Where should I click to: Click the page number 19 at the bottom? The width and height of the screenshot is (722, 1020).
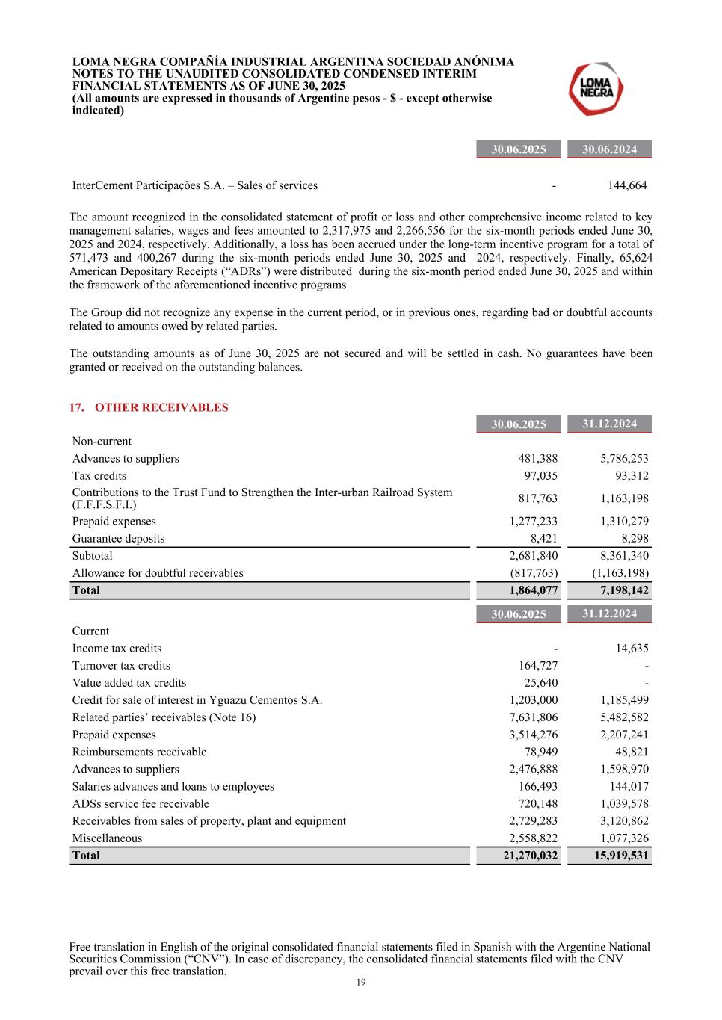(x=361, y=983)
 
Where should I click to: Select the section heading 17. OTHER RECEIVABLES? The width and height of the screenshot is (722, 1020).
(x=149, y=407)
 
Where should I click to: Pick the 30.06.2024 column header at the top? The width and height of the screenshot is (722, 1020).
(x=609, y=149)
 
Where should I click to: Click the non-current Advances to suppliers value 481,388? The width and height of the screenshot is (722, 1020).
(x=537, y=459)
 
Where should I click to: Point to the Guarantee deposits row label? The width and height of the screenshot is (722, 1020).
(x=118, y=539)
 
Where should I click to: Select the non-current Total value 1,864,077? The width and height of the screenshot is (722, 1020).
(x=533, y=590)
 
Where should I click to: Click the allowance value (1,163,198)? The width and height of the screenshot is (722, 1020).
(x=620, y=573)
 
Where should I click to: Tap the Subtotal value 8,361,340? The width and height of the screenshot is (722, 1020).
(x=624, y=556)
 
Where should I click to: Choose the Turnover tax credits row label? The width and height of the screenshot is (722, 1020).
(x=121, y=666)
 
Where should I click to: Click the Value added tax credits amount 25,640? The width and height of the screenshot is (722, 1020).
(x=540, y=683)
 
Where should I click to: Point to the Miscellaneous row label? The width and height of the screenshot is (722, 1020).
(x=107, y=838)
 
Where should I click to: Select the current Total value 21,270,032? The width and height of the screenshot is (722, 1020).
(x=530, y=856)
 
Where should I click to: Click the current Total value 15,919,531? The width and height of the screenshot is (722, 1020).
(x=621, y=856)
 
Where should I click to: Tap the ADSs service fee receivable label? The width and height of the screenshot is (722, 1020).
(x=141, y=804)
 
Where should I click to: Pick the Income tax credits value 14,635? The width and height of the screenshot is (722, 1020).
(x=632, y=649)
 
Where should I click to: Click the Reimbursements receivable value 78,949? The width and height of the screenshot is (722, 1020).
(x=540, y=752)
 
